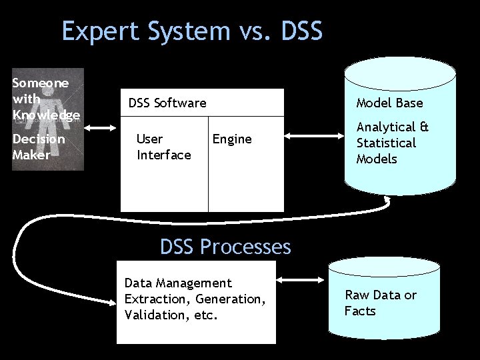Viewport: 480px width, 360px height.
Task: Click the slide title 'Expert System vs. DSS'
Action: pyautogui.click(x=192, y=31)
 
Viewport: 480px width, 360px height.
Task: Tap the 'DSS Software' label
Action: pyautogui.click(x=167, y=103)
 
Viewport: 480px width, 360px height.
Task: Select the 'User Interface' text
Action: pyautogui.click(x=163, y=147)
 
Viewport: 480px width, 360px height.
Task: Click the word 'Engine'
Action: pyautogui.click(x=232, y=139)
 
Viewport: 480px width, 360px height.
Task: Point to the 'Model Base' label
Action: pyautogui.click(x=389, y=103)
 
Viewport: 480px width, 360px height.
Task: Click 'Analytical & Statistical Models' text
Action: pyautogui.click(x=392, y=143)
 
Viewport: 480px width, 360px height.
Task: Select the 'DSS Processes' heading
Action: pyautogui.click(x=225, y=247)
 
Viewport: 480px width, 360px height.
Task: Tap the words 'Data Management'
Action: pyautogui.click(x=178, y=283)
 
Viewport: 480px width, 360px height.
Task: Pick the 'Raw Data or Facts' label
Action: pyautogui.click(x=380, y=303)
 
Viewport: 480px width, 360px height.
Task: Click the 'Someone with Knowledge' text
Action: pyautogui.click(x=45, y=99)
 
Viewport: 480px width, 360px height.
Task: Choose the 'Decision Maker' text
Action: pyautogui.click(x=39, y=147)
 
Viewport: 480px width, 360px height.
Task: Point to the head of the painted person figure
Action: pyautogui.click(x=49, y=79)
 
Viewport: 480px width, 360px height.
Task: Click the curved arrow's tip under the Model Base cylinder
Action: pyautogui.click(x=387, y=199)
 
